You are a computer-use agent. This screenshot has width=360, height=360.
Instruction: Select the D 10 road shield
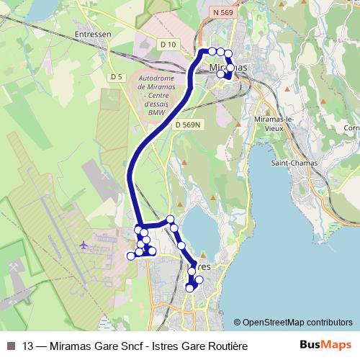168,44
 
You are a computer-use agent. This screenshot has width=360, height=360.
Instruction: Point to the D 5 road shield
117,77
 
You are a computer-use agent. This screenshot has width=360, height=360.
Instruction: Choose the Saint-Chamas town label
290,162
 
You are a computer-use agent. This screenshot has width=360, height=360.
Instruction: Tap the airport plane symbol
85,245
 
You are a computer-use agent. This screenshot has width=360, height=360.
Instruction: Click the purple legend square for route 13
10,346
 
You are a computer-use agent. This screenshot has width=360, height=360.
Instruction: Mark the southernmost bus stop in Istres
190,288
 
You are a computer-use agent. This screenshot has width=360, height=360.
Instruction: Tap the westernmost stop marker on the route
131,256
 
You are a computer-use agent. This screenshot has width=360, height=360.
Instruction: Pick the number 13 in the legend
28,346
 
